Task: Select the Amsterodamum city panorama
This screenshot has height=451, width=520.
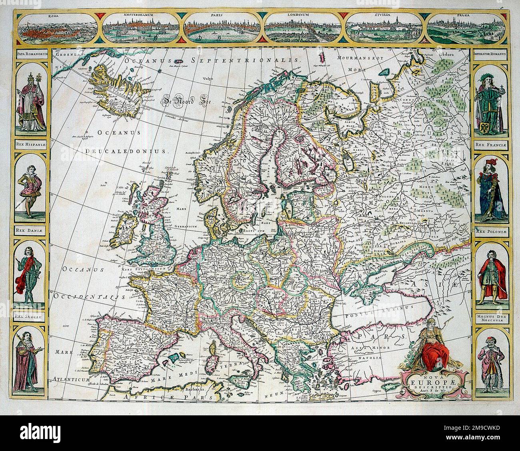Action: (140, 28)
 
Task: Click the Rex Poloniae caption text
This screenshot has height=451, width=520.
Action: (489, 231)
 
